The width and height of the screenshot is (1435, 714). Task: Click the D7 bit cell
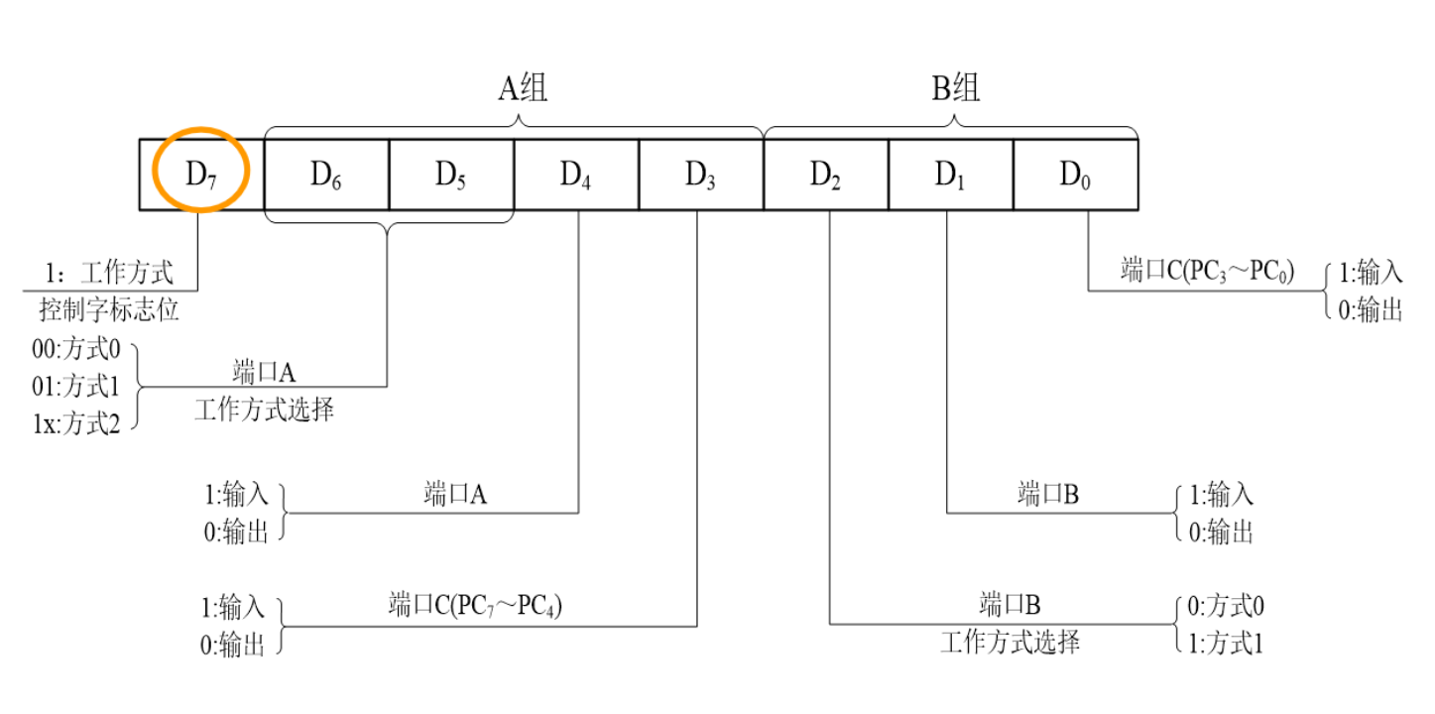pyautogui.click(x=201, y=174)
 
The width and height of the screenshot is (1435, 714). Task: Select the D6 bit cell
pyautogui.click(x=326, y=174)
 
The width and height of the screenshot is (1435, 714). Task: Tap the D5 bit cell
pyautogui.click(x=451, y=174)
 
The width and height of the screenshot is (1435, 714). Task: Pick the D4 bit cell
pyautogui.click(x=576, y=174)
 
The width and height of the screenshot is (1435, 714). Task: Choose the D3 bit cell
pyautogui.click(x=701, y=174)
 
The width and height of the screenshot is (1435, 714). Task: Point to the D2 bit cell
pyautogui.click(x=826, y=174)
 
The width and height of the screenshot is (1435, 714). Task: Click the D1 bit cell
pyautogui.click(x=950, y=174)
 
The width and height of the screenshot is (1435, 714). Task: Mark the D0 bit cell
pyautogui.click(x=1075, y=174)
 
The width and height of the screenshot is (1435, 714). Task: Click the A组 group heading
pyautogui.click(x=522, y=89)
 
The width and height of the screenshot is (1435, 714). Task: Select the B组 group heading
pyautogui.click(x=955, y=89)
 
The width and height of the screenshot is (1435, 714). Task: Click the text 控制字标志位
pyautogui.click(x=109, y=309)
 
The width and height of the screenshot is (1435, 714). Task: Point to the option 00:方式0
pyautogui.click(x=76, y=351)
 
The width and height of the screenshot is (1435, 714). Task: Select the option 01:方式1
pyautogui.click(x=76, y=388)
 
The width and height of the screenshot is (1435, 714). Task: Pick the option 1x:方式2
pyautogui.click(x=76, y=424)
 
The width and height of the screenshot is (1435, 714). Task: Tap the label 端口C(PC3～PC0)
pyautogui.click(x=1207, y=272)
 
